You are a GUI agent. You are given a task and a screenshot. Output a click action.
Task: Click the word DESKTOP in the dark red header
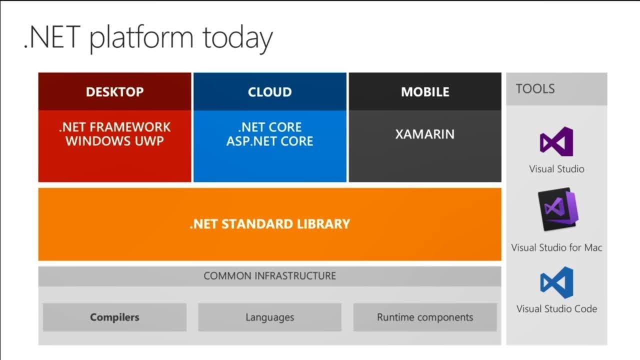[115, 91]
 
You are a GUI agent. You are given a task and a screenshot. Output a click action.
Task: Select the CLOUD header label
[269, 91]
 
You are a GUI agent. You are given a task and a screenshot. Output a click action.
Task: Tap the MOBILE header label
[425, 91]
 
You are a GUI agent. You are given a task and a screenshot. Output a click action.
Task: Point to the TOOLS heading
[535, 89]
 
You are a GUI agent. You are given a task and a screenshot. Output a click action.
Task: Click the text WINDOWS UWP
[115, 141]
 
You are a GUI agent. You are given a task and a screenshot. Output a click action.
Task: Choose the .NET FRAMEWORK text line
[115, 127]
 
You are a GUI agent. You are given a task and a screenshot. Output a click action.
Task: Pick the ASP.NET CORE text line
[269, 141]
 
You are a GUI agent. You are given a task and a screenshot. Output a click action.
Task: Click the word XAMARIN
[425, 134]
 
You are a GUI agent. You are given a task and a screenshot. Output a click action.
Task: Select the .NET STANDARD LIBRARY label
[269, 224]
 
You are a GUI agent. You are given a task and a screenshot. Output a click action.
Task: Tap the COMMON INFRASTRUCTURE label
[269, 276]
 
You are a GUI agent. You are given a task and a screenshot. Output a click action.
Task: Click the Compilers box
[115, 317]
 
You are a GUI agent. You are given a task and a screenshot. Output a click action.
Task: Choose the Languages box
[269, 317]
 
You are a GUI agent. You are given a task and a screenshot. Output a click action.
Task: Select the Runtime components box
[425, 317]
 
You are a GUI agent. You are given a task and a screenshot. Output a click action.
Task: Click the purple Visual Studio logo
[556, 141]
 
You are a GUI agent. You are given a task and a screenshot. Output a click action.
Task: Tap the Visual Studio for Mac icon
[558, 209]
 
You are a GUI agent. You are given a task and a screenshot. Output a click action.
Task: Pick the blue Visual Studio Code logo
[556, 282]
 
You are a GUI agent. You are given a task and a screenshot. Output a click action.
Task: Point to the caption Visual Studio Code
[556, 309]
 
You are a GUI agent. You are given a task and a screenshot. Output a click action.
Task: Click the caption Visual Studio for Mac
[556, 247]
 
